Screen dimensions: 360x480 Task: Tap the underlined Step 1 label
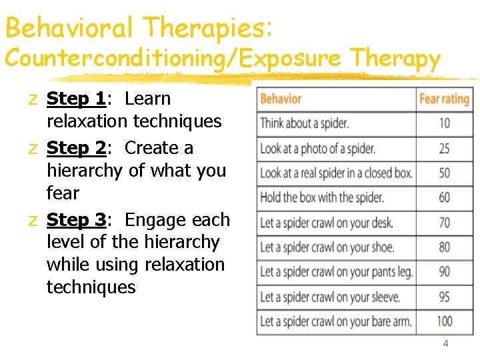pyautogui.click(x=76, y=99)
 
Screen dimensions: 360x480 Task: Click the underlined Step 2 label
pyautogui.click(x=76, y=147)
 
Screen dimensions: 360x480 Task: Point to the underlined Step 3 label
pyautogui.click(x=76, y=219)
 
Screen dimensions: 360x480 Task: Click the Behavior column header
pyautogui.click(x=281, y=99)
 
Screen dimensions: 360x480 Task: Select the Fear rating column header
pyautogui.click(x=444, y=99)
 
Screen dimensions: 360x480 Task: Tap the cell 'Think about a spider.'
pyautogui.click(x=304, y=123)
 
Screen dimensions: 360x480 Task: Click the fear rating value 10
pyautogui.click(x=444, y=123)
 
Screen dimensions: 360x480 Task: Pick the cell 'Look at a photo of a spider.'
pyautogui.click(x=317, y=149)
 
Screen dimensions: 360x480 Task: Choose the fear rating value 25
pyautogui.click(x=444, y=149)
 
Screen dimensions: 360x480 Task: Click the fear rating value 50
pyautogui.click(x=444, y=173)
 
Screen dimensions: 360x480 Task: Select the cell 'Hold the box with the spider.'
pyautogui.click(x=322, y=198)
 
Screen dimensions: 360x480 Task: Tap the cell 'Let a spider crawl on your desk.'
pyautogui.click(x=326, y=223)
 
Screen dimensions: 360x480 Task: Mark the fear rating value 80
pyautogui.click(x=444, y=247)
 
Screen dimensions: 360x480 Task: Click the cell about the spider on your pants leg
pyautogui.click(x=336, y=272)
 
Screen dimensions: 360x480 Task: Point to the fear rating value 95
pyautogui.click(x=444, y=297)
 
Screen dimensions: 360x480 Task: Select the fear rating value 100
pyautogui.click(x=444, y=321)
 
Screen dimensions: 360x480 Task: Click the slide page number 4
pyautogui.click(x=445, y=344)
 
